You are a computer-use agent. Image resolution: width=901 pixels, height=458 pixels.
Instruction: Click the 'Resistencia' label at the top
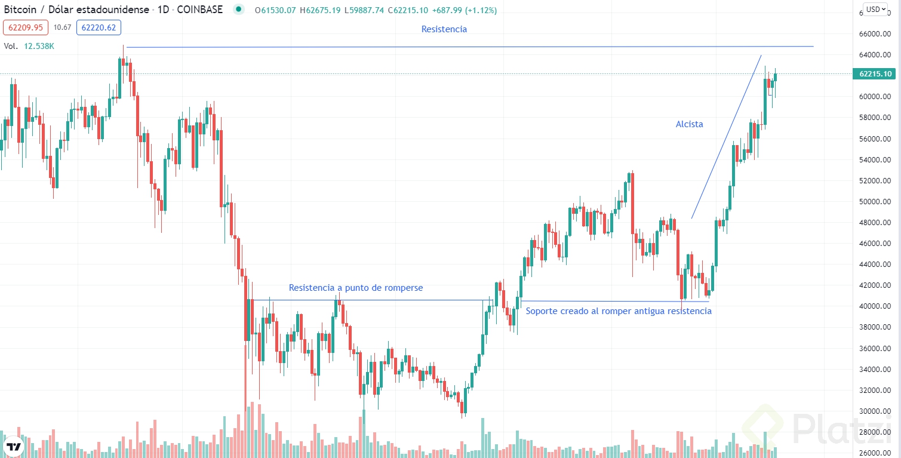pos(444,29)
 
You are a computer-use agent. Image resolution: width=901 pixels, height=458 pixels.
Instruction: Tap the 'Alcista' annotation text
pos(689,124)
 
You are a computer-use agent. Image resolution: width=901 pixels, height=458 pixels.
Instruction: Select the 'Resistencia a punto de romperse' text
pos(355,288)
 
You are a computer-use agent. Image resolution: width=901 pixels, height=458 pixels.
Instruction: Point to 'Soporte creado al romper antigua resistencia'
pos(618,311)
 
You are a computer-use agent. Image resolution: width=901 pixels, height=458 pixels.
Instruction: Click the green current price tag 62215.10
pos(876,74)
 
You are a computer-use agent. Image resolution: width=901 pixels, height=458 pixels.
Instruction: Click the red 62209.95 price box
pos(25,27)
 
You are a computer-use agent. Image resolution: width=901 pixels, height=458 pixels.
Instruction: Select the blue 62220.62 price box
pos(101,27)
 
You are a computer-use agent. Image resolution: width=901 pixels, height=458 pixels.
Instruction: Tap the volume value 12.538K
pos(39,45)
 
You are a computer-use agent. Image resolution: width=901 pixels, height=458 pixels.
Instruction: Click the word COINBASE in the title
pos(200,10)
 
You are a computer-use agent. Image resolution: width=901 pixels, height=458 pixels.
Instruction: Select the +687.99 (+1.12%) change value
pos(466,10)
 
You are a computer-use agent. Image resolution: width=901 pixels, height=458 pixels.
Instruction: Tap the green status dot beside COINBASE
pos(239,10)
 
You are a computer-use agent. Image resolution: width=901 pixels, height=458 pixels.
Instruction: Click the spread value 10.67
pos(62,27)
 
